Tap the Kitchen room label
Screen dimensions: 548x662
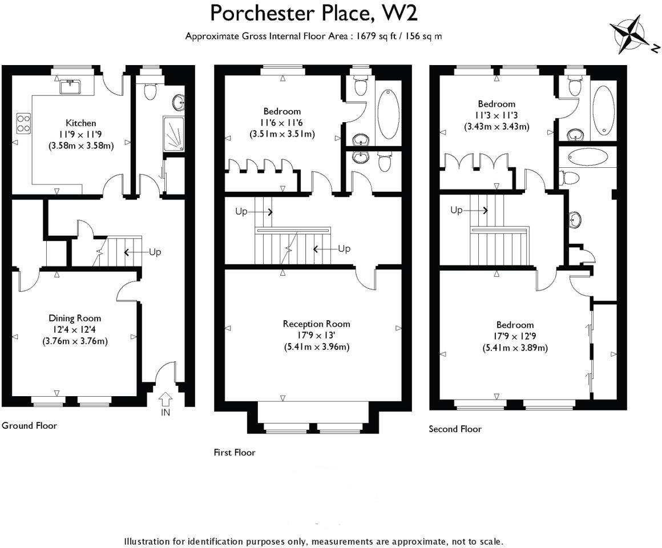81,123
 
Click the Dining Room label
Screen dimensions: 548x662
75,318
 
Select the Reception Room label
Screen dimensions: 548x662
316,324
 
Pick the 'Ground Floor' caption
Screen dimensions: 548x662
29,425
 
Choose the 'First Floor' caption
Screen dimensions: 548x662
235,453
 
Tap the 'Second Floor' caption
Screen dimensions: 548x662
455,429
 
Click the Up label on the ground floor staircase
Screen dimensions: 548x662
155,252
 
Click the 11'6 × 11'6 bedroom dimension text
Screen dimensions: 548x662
282,123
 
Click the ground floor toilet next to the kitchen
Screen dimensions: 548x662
150,91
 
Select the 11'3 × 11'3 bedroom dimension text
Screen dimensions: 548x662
496,115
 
